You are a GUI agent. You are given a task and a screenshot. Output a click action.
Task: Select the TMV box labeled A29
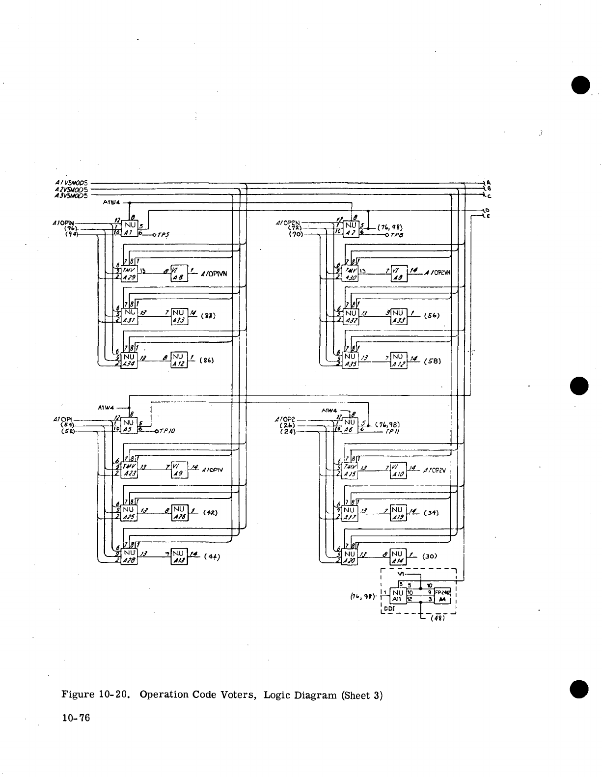[x=129, y=273]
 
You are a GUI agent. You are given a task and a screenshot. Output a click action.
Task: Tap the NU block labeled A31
[x=129, y=315]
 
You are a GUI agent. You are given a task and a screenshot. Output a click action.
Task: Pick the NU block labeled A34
[x=129, y=360]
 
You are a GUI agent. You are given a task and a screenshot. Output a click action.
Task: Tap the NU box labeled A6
[x=350, y=425]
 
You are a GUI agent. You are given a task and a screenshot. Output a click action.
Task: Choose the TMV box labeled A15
[x=350, y=470]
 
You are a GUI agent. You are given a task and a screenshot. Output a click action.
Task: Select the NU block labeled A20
[x=350, y=557]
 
